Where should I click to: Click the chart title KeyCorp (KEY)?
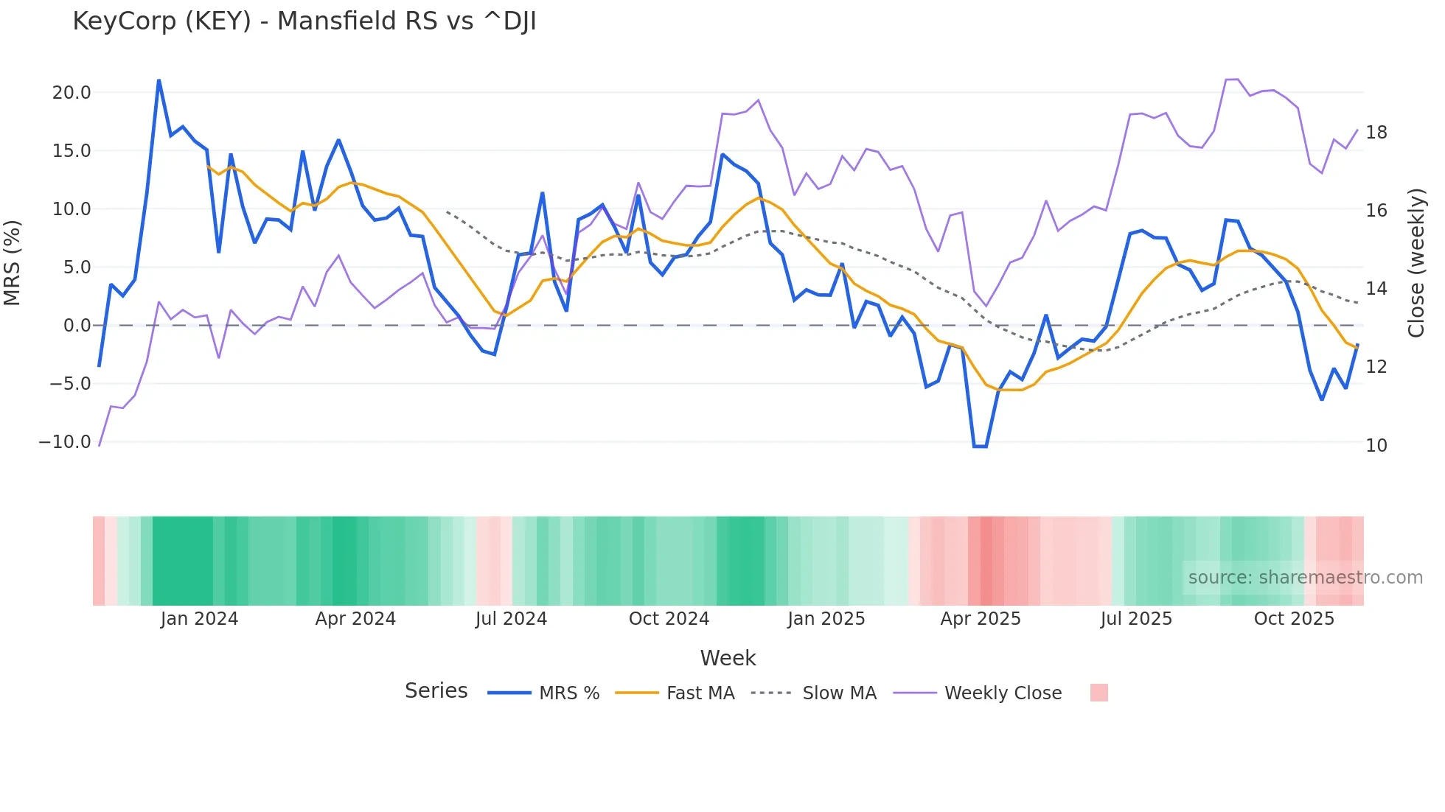(304, 21)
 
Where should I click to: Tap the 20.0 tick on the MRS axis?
(72, 93)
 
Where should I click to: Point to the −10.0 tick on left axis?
(65, 442)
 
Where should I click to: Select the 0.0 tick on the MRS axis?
(77, 326)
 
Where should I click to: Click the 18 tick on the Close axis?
(1376, 133)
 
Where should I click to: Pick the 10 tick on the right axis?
(1376, 446)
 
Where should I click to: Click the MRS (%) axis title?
(13, 263)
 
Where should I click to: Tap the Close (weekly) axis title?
(1416, 263)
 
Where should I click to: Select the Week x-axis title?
(728, 658)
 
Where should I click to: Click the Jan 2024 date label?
(199, 619)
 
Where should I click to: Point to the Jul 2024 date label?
(511, 619)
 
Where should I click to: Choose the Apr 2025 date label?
(981, 619)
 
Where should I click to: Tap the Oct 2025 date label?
(1294, 619)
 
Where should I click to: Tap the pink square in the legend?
(1098, 693)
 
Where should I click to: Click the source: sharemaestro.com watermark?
(1305, 578)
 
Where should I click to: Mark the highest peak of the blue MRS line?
(159, 80)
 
